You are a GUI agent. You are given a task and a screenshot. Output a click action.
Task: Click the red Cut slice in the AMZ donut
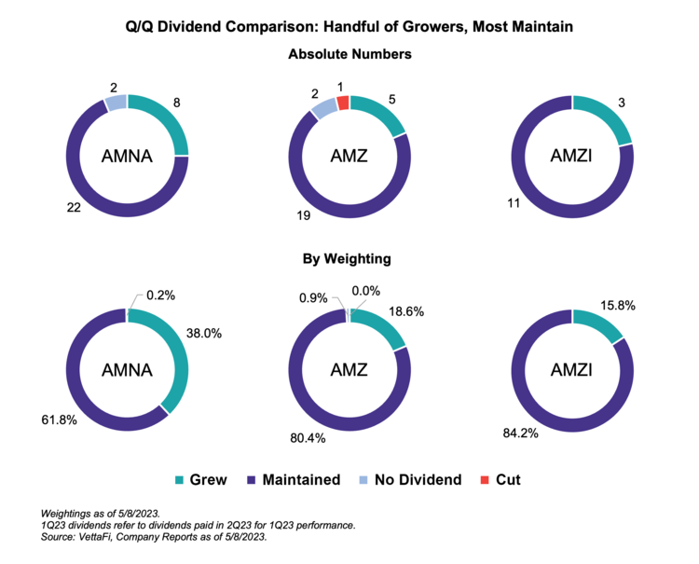[343, 103]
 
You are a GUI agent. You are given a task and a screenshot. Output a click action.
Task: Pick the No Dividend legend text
[418, 480]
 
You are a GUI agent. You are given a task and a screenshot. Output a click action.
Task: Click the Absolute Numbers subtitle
[349, 54]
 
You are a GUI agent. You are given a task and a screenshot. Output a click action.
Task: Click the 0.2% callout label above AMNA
[161, 296]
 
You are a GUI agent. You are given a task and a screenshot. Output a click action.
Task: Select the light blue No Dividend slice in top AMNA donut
[115, 103]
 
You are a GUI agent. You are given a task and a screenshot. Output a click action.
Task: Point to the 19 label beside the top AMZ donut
[303, 217]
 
